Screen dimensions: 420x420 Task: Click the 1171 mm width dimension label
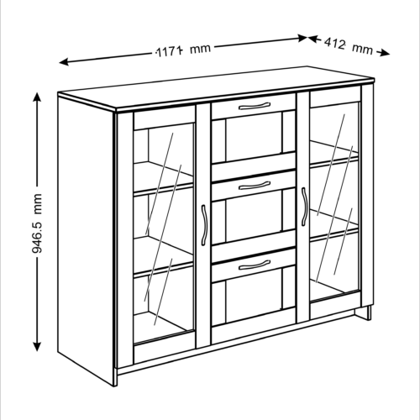[x=183, y=50]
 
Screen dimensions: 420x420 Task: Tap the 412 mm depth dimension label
[x=349, y=46]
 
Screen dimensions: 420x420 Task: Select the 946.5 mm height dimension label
[x=37, y=223]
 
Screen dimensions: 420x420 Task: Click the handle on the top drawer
[x=255, y=106]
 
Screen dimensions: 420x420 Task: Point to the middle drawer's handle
[x=255, y=185]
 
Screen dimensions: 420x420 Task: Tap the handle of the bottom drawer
[x=255, y=265]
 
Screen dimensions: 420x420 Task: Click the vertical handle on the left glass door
[x=204, y=225]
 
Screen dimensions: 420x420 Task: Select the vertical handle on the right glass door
[x=305, y=207]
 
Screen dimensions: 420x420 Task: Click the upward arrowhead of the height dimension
[x=37, y=97]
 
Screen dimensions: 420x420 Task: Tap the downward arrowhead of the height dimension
[x=37, y=346]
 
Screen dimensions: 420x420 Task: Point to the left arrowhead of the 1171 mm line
[x=64, y=61]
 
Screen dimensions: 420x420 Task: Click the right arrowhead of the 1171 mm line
[x=302, y=38]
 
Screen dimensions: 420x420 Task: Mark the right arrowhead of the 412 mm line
[x=385, y=53]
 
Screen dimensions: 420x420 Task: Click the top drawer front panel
[x=254, y=107]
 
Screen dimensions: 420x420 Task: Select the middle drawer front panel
[x=254, y=186]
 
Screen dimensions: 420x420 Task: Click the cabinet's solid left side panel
[x=87, y=238]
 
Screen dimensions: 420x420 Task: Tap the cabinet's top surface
[x=216, y=87]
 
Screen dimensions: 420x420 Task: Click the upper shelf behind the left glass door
[x=163, y=177]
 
